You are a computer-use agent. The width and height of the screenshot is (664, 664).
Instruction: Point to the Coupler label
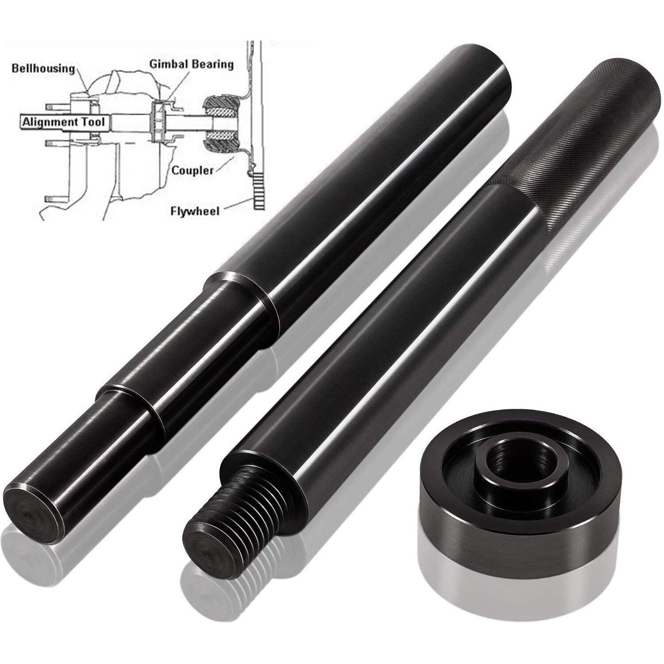(193, 170)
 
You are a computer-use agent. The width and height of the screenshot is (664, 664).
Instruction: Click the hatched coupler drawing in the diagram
(221, 122)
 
